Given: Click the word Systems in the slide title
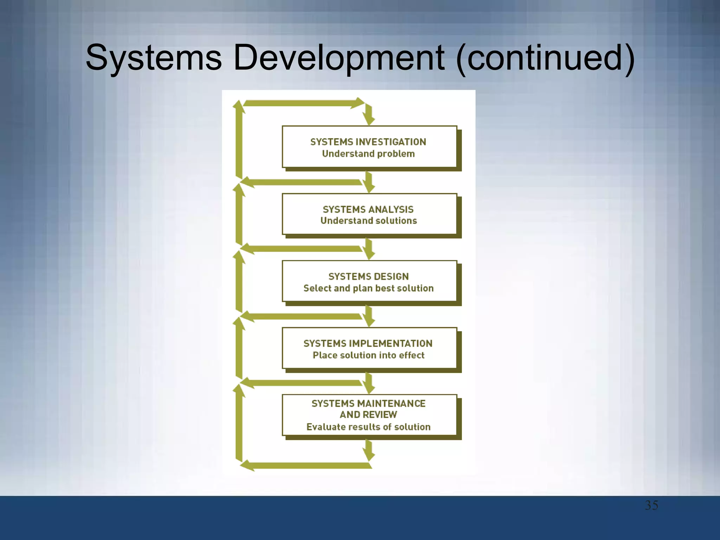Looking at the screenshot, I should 154,57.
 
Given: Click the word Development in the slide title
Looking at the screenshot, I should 339,57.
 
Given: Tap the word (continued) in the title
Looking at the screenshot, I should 545,57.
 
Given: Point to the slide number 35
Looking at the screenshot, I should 651,505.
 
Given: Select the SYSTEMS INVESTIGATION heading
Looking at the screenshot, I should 368,142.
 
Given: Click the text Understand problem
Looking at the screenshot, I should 368,154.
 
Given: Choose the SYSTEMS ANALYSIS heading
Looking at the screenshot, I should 368,209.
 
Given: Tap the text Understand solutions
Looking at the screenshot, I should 368,220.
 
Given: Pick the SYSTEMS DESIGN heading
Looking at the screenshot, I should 368,276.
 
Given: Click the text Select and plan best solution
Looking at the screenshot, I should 368,288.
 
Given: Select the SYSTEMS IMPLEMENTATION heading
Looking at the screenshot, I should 368,343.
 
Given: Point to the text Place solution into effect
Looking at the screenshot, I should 368,355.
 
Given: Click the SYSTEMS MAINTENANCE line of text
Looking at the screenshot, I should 368,403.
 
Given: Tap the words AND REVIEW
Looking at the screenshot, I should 368,414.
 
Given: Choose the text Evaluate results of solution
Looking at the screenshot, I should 368,427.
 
